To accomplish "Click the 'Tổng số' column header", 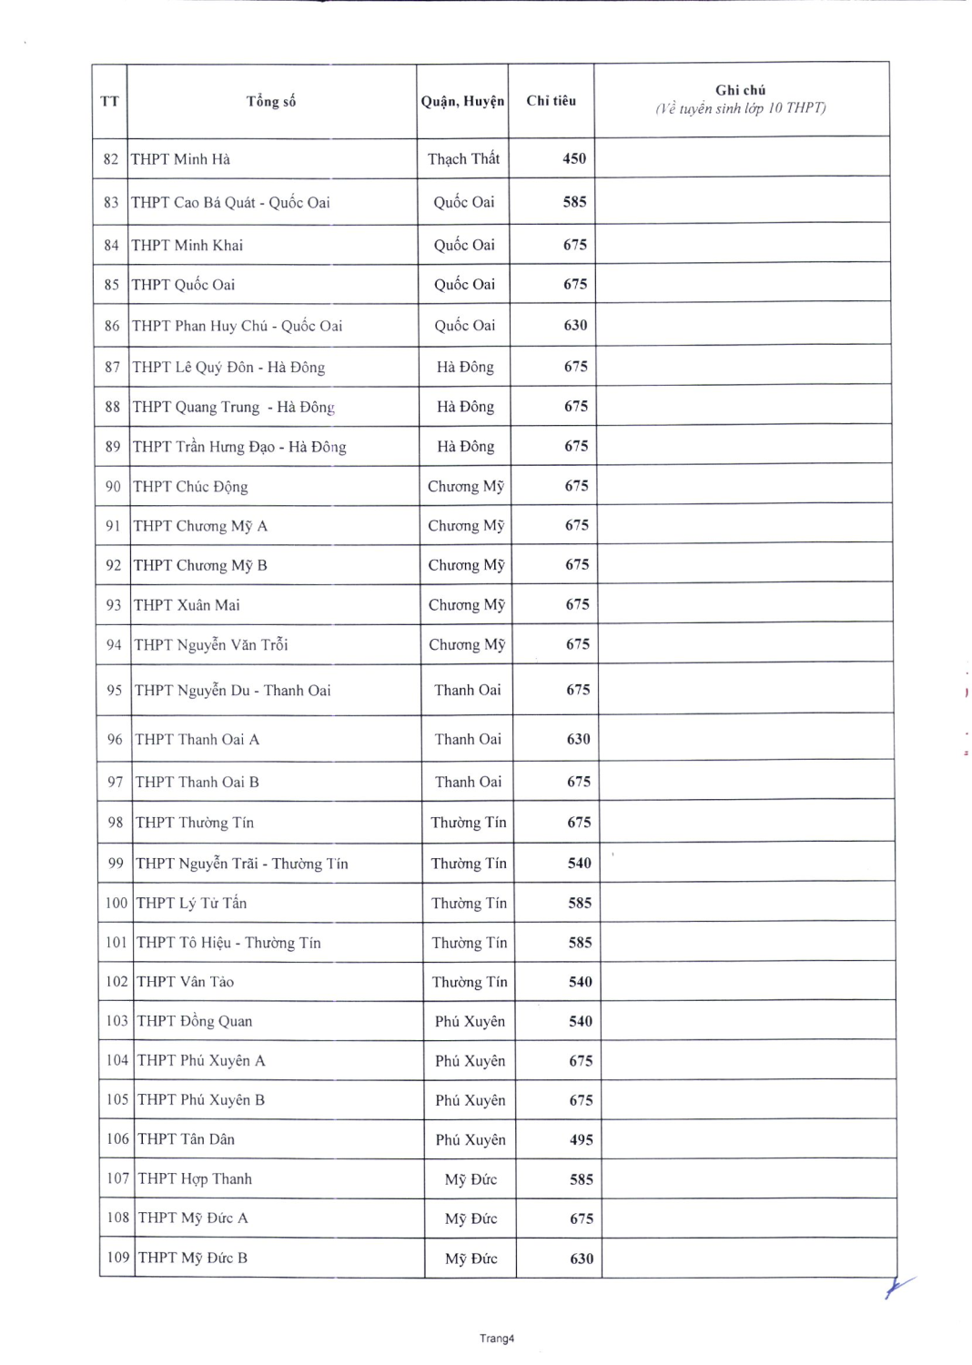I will point(271,101).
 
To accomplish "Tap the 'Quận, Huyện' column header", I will point(462,101).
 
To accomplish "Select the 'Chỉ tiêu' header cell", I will point(551,101).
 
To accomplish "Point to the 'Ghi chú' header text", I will point(740,91).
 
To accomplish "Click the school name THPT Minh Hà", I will point(180,159).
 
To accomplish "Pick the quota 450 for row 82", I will point(574,158).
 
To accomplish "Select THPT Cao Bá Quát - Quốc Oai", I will point(230,202).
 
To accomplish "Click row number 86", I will point(112,326).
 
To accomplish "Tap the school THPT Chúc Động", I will point(190,487).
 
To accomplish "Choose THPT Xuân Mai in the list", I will point(187,605).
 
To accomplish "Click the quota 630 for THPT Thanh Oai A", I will point(579,740).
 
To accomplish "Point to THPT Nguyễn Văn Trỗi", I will point(211,645).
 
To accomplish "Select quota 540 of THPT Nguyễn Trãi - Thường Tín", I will point(580,863).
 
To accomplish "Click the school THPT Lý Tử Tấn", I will point(191,903).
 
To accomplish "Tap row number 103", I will point(116,1021).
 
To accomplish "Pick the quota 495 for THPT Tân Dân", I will point(582,1139).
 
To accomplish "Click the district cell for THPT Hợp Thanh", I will point(471,1179).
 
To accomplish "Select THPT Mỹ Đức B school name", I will point(193,1258).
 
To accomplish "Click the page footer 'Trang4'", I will point(497,1339).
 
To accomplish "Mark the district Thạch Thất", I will point(463,159).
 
